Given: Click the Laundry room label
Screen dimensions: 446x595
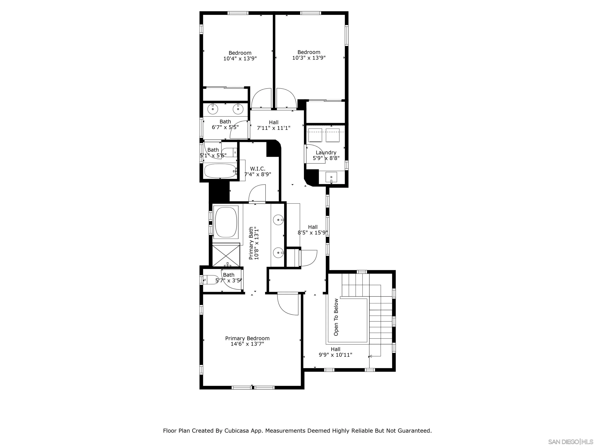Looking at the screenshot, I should point(326,152).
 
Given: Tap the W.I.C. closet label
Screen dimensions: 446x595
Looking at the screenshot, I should point(257,169).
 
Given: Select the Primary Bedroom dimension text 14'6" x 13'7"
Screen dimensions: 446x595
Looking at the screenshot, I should point(247,344).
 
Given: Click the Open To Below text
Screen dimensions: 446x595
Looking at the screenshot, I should point(336,317).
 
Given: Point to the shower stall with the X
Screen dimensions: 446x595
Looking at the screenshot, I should point(226,255).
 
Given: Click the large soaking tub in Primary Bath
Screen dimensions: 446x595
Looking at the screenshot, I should point(226,222).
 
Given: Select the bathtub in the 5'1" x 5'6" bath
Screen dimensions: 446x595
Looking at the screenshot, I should point(220,171).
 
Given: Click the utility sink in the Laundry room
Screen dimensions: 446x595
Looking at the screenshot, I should point(331,177).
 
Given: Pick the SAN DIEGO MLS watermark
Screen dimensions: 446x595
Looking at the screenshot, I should point(570,442).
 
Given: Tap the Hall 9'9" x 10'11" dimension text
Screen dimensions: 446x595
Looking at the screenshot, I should point(335,355).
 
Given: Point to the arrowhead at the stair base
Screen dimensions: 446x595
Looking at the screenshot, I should point(370,356).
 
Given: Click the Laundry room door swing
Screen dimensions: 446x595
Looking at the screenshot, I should point(315,154).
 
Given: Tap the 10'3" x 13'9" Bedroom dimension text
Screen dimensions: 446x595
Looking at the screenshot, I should point(309,58).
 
